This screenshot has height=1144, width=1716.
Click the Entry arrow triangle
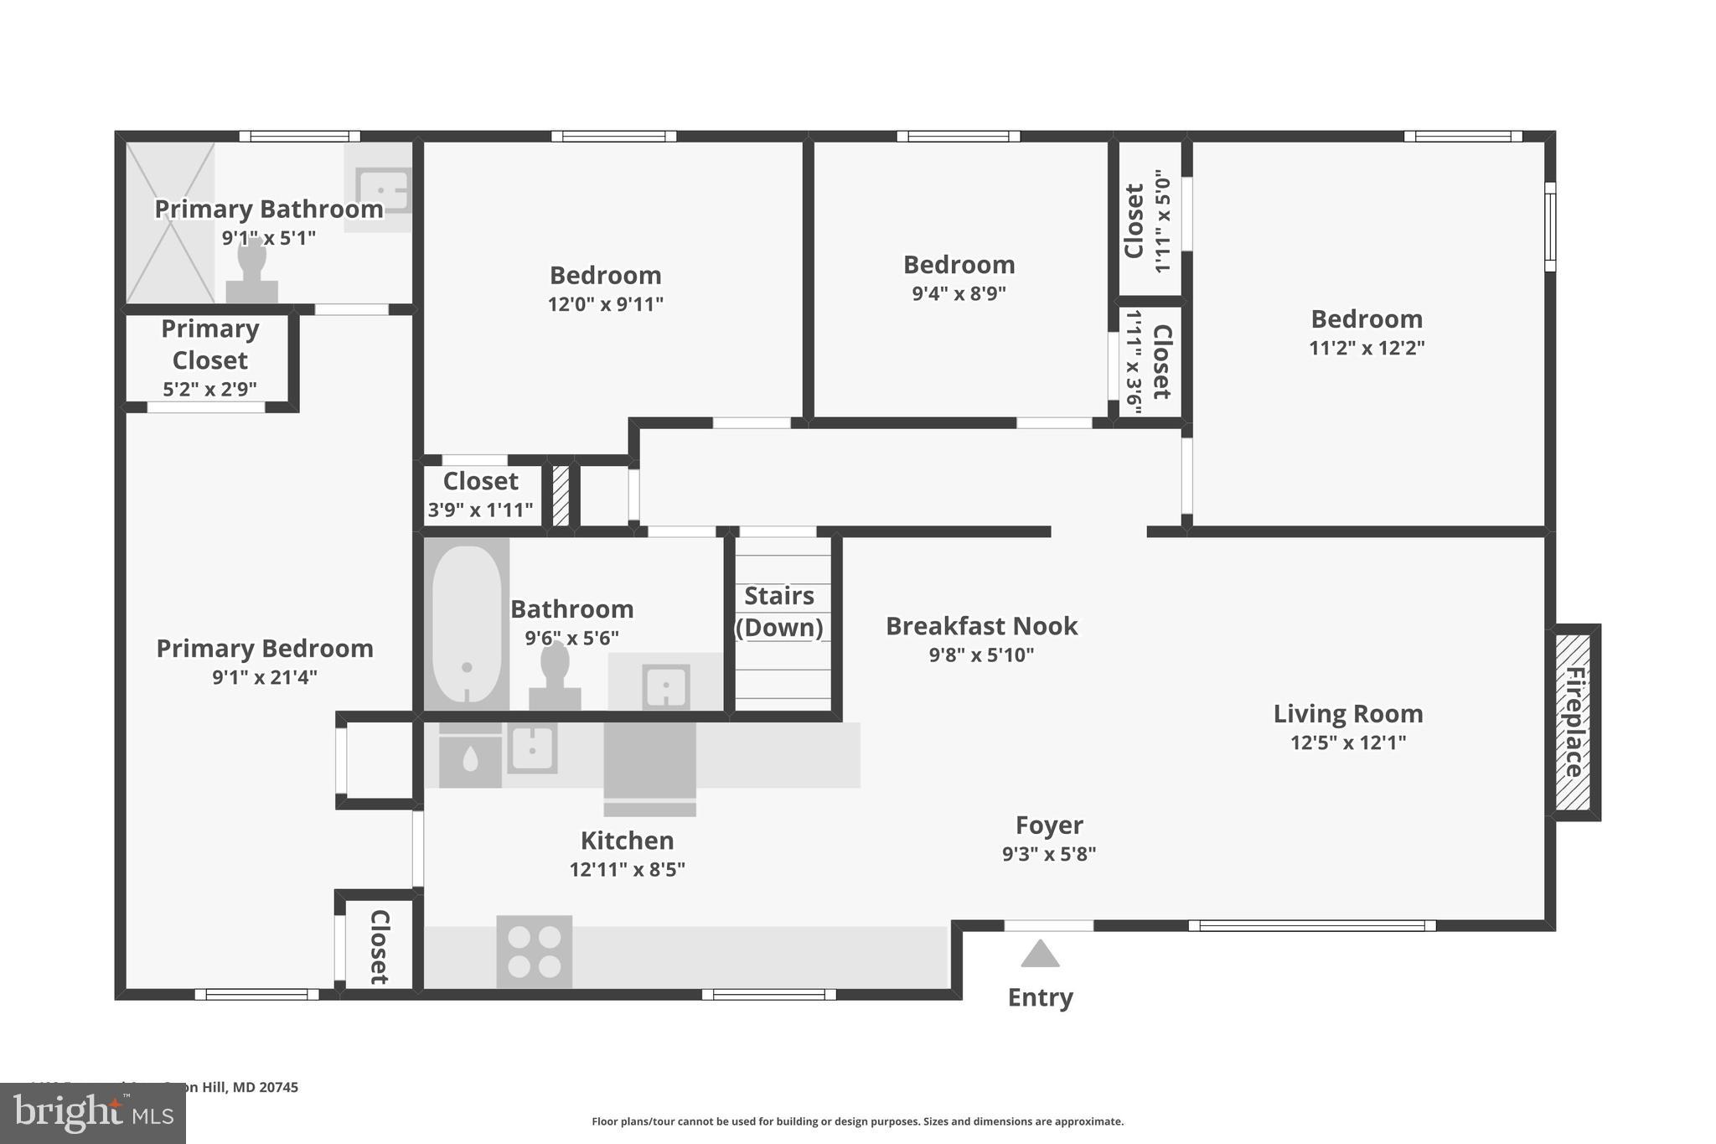click(1040, 954)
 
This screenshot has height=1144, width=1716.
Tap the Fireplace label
click(1574, 722)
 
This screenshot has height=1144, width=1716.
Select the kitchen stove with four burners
click(535, 951)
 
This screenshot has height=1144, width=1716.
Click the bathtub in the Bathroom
click(467, 624)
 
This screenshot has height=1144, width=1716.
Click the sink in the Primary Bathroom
click(382, 189)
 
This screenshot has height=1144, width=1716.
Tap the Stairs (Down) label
click(779, 611)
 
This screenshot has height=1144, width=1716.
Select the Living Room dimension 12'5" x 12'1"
click(1347, 743)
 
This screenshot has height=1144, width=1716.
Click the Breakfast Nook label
click(981, 626)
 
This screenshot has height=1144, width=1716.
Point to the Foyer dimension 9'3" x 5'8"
click(1049, 854)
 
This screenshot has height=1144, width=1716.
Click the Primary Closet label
click(209, 344)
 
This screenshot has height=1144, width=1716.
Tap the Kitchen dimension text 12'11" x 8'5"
click(627, 870)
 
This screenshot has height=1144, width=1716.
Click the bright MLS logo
click(92, 1113)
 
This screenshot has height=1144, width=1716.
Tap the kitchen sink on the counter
click(532, 748)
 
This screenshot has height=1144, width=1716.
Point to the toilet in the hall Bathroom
click(555, 676)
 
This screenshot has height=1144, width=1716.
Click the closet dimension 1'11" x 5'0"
click(1161, 221)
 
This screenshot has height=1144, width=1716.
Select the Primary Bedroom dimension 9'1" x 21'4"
click(265, 677)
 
